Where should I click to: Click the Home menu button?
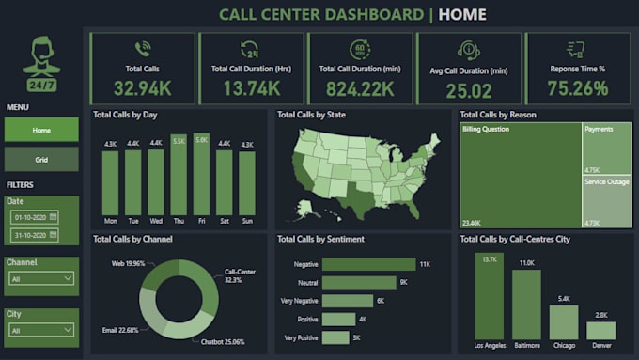pos(41,129)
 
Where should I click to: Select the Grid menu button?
pos(41,159)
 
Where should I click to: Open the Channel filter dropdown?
pos(41,278)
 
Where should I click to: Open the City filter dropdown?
pos(41,331)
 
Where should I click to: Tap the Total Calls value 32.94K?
pos(143,88)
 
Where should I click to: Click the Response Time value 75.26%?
pos(577,88)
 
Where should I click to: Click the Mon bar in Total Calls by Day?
pos(110,183)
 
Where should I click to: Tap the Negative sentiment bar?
pos(368,264)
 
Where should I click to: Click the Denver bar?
pos(601,331)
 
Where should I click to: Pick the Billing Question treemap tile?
pos(520,174)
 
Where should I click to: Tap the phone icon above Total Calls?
pos(143,50)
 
